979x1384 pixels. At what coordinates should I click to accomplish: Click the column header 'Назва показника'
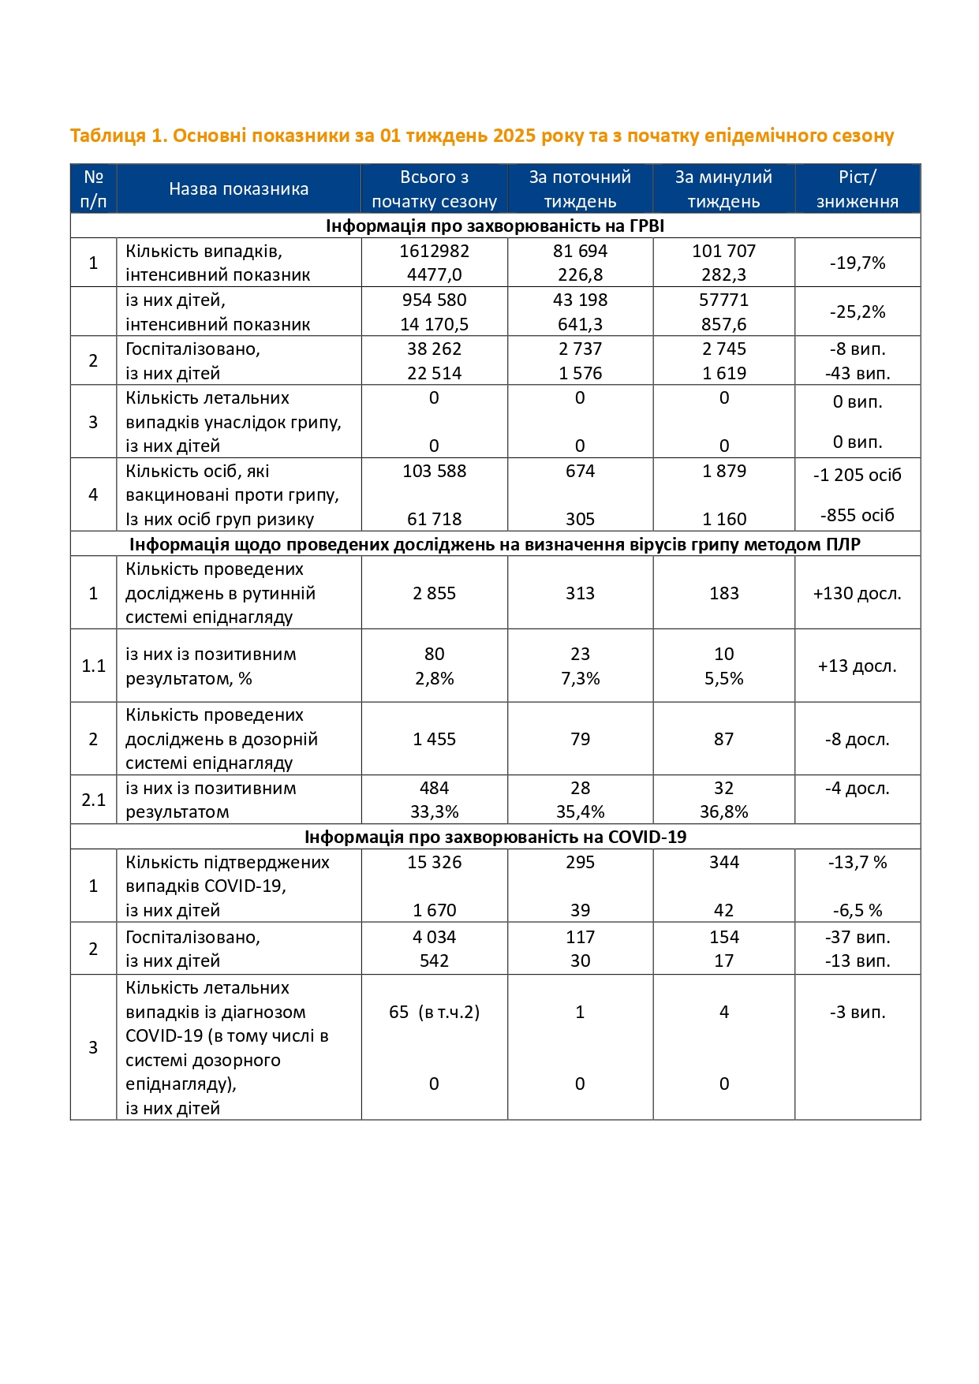(x=238, y=189)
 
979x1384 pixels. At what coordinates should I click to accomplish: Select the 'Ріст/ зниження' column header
(x=857, y=189)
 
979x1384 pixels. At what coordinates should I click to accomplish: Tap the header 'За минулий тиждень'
(x=723, y=189)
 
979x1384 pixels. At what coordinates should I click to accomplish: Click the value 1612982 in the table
(x=434, y=252)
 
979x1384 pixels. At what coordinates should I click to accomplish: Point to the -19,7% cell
(x=857, y=263)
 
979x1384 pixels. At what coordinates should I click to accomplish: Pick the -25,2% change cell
(x=857, y=312)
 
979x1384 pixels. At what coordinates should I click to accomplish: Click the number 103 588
(x=434, y=472)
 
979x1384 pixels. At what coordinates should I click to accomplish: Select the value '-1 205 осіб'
(x=857, y=476)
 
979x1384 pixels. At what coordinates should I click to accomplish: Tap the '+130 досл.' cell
(x=857, y=594)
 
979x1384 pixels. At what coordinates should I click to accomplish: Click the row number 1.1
(x=93, y=666)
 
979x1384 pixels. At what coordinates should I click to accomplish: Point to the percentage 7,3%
(x=580, y=679)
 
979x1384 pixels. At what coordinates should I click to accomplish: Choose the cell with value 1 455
(x=434, y=740)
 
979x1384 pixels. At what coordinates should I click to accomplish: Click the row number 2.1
(x=93, y=800)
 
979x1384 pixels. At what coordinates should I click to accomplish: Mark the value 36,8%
(x=723, y=812)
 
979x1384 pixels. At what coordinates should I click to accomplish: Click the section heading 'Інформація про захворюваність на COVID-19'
(x=495, y=837)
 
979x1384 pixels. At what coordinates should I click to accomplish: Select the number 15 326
(x=434, y=863)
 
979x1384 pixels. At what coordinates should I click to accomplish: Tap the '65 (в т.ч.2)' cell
(x=434, y=1013)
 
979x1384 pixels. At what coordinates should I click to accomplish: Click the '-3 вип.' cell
(x=857, y=1013)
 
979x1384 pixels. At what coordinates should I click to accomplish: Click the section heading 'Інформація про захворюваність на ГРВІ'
(x=495, y=226)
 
